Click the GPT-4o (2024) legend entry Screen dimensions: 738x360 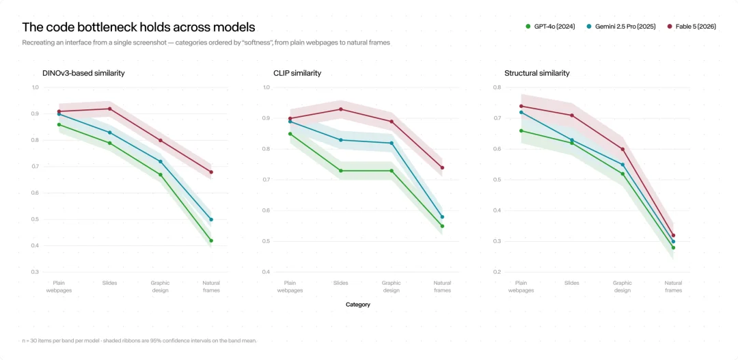tap(549, 27)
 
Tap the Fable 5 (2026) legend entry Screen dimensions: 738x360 tap(692, 27)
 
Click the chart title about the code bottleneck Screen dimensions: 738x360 tap(138, 27)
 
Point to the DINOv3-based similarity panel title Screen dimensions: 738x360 tap(84, 73)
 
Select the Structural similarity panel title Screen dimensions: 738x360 tap(537, 73)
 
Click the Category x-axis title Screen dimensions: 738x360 tap(358, 305)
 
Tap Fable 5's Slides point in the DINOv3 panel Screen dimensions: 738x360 tap(109, 109)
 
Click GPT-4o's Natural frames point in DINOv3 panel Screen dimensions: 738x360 tap(211, 240)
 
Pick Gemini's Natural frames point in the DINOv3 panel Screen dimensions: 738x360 tap(211, 219)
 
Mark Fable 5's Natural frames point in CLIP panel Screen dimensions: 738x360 tap(442, 167)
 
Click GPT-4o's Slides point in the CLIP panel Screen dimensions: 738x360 tap(341, 171)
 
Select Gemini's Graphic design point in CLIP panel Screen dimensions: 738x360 tap(392, 143)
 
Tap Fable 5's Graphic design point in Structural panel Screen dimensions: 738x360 tap(623, 149)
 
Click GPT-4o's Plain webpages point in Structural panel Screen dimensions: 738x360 tap(521, 131)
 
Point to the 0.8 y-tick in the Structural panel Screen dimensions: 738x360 tap(497, 87)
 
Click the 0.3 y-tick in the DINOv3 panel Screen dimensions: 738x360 tap(36, 272)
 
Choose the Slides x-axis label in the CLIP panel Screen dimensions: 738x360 tap(341, 283)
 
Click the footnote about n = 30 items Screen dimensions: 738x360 tap(139, 341)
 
